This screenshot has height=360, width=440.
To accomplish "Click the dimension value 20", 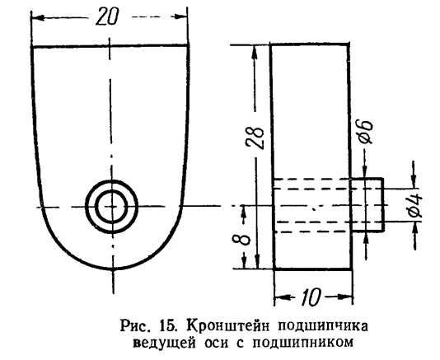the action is (x=108, y=16).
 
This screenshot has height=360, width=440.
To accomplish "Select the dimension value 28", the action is (x=255, y=138).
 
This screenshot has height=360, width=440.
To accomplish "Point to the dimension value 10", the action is (x=311, y=297).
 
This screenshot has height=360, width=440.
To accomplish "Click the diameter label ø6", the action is (x=366, y=132).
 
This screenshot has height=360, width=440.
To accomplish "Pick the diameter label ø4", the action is (x=414, y=205).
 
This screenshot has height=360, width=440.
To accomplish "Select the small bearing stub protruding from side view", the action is (x=367, y=204).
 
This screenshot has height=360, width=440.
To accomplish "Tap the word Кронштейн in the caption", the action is (x=229, y=327).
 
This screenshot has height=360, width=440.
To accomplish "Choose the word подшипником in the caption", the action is (x=302, y=343).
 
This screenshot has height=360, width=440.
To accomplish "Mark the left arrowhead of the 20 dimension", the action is (x=37, y=17).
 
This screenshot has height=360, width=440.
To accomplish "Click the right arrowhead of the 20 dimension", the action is (x=181, y=16).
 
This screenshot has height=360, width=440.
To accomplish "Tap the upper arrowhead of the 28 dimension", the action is (x=255, y=52).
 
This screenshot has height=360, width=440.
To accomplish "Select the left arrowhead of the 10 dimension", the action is (x=281, y=297).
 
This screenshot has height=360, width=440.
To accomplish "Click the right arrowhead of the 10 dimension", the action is (x=346, y=297).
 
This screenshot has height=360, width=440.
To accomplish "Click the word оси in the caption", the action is (x=215, y=344).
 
